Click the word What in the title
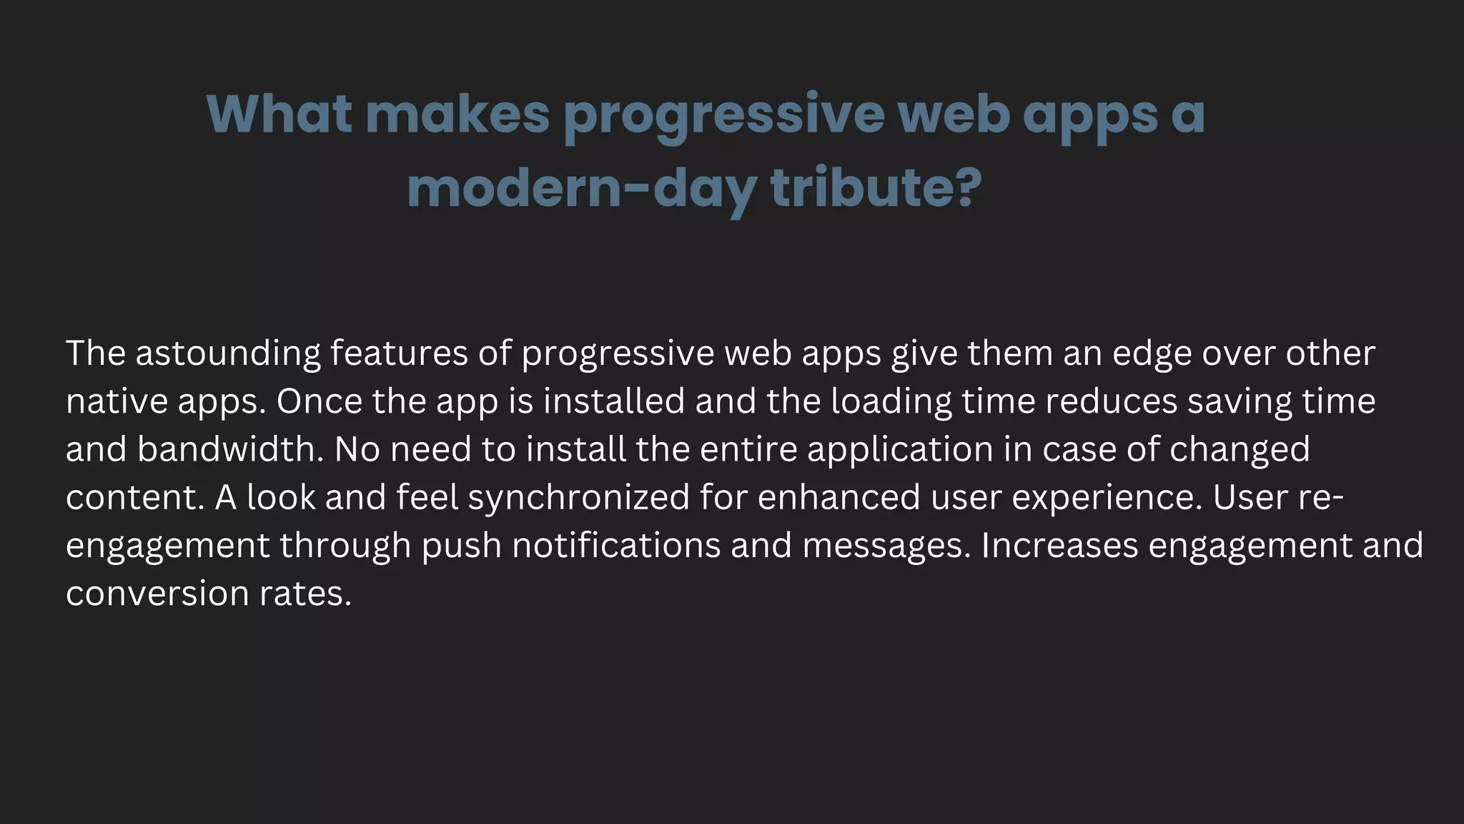pyautogui.click(x=280, y=114)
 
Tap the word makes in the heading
pyautogui.click(x=457, y=114)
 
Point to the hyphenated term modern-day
pyautogui.click(x=582, y=189)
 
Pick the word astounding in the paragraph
pyautogui.click(x=228, y=353)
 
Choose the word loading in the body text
pyautogui.click(x=891, y=401)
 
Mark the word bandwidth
pyautogui.click(x=230, y=449)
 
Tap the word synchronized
pyautogui.click(x=579, y=497)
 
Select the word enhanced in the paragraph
pyautogui.click(x=839, y=497)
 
